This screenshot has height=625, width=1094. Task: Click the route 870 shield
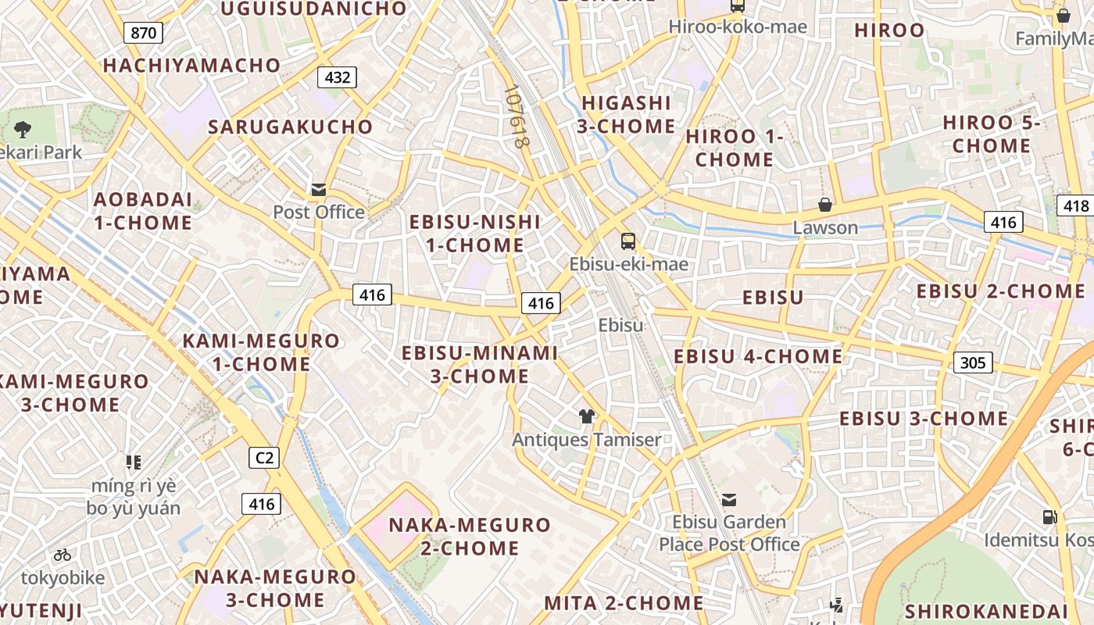[143, 33]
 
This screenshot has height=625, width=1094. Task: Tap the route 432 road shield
[337, 77]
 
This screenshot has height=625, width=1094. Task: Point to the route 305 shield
[973, 362]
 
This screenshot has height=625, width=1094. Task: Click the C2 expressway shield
[264, 458]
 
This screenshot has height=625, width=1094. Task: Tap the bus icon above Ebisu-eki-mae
[628, 241]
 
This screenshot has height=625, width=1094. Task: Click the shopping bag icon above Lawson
[825, 205]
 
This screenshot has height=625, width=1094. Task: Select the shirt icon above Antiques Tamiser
[587, 416]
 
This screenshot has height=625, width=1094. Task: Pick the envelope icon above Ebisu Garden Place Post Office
[729, 499]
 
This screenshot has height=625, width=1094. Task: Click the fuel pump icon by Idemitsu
[1049, 517]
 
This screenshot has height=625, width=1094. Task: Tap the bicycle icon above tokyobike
[63, 555]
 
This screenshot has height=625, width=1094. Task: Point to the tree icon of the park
[23, 129]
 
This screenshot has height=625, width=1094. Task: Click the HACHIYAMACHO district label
[191, 66]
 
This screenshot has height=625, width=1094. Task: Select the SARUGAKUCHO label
[291, 127]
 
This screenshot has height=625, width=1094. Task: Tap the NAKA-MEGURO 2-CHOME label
[470, 536]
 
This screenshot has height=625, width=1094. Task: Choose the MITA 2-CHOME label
[624, 603]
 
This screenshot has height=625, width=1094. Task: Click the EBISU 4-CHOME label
[758, 357]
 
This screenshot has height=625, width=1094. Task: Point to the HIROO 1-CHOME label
[734, 148]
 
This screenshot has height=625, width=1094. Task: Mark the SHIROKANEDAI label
[985, 611]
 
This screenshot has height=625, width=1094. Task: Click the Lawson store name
[825, 228]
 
